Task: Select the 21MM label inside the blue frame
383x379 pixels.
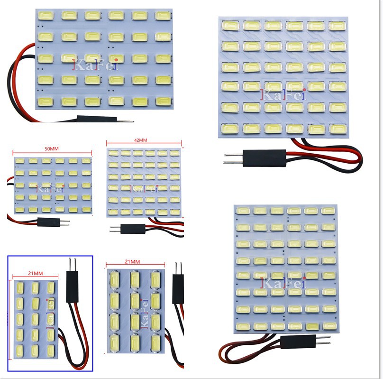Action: coord(36,274)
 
